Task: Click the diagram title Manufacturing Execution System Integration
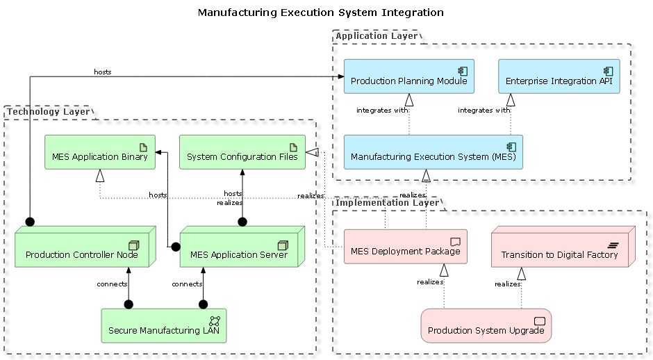click(320, 13)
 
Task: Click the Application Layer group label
click(377, 35)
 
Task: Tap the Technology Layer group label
click(48, 111)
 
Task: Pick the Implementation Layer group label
click(388, 203)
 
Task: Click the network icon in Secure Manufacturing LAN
click(215, 320)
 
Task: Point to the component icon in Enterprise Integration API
click(607, 71)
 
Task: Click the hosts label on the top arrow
click(103, 72)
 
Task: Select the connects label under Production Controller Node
click(112, 284)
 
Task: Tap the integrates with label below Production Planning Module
click(382, 110)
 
